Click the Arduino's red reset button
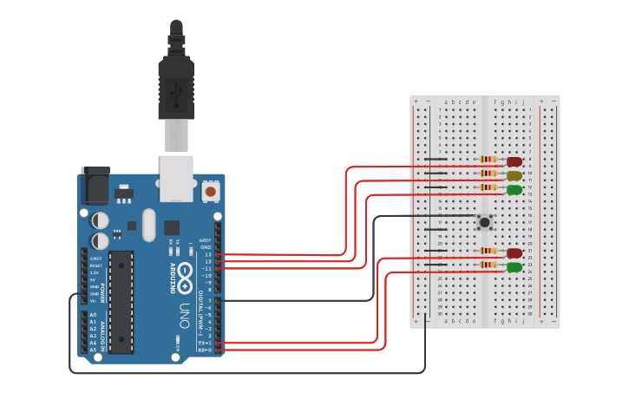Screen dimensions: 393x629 [x=210, y=190]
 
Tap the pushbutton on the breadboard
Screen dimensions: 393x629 [x=485, y=222]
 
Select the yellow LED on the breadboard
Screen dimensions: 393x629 [x=514, y=175]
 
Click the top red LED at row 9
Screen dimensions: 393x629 [x=514, y=161]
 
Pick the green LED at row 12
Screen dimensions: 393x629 [x=514, y=189]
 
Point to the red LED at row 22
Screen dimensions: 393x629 [x=514, y=253]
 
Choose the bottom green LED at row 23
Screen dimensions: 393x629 [x=514, y=267]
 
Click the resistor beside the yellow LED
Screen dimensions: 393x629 [x=488, y=174]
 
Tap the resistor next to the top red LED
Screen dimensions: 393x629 [x=488, y=160]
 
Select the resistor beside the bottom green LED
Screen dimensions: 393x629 [x=488, y=265]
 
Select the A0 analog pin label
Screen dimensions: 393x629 [x=93, y=315]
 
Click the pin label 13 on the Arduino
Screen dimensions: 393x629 [x=207, y=254]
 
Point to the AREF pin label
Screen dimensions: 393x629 [x=206, y=240]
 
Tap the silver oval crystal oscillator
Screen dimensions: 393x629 [x=149, y=225]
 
